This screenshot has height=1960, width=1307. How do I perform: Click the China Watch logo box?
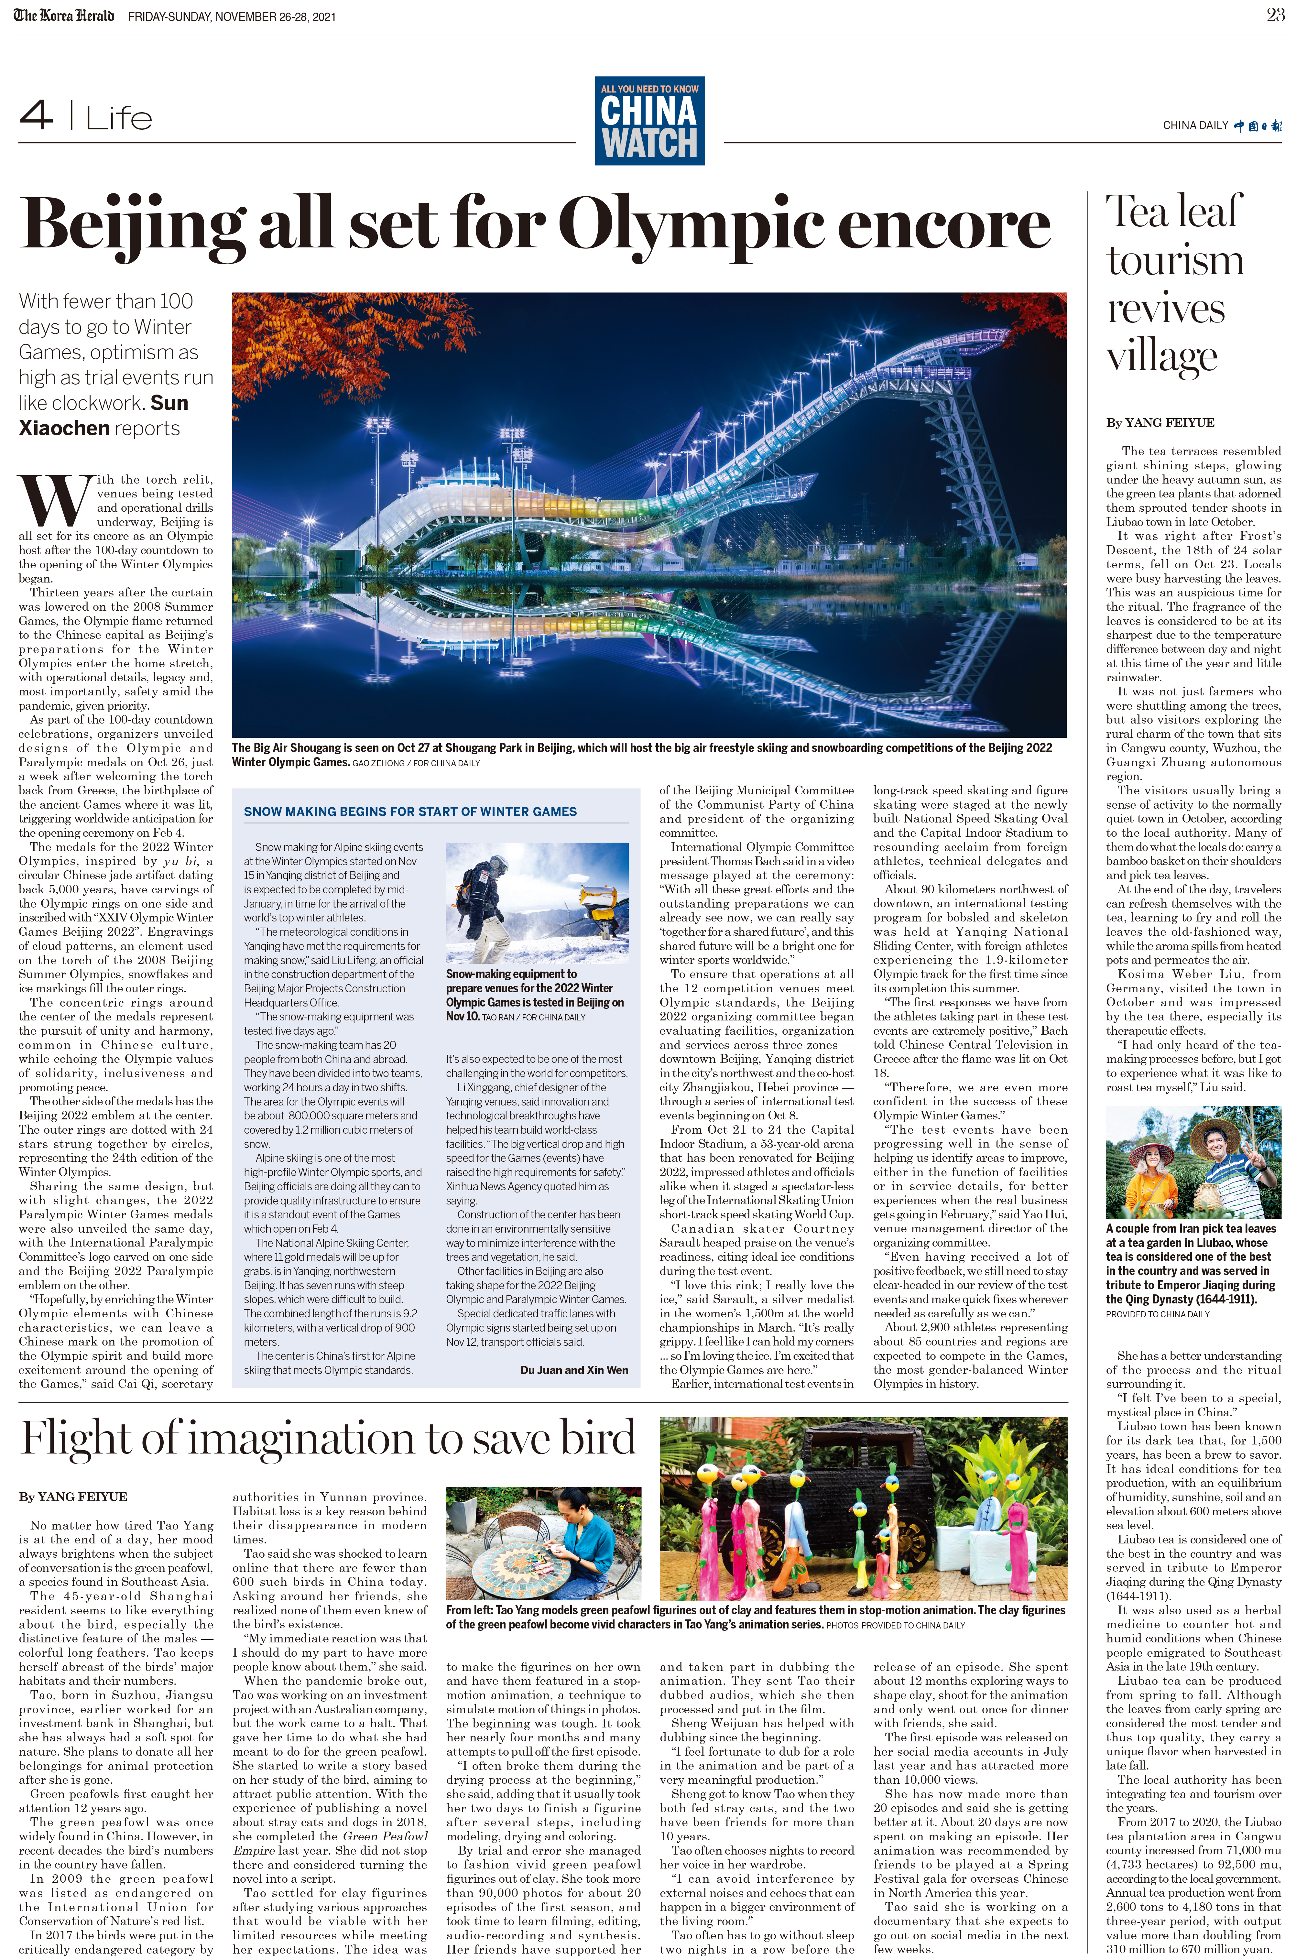pos(649,121)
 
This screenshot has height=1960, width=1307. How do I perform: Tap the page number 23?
pos(1275,15)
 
